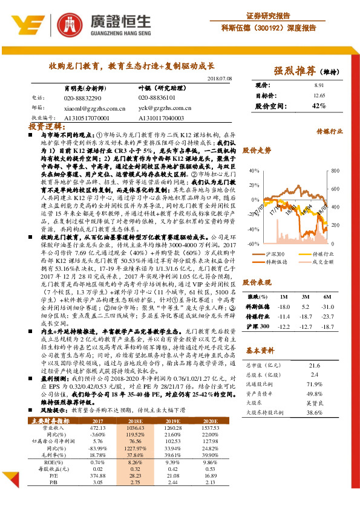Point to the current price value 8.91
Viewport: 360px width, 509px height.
click(319, 86)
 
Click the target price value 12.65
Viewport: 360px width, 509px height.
click(319, 95)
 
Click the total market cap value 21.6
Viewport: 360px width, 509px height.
click(314, 365)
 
